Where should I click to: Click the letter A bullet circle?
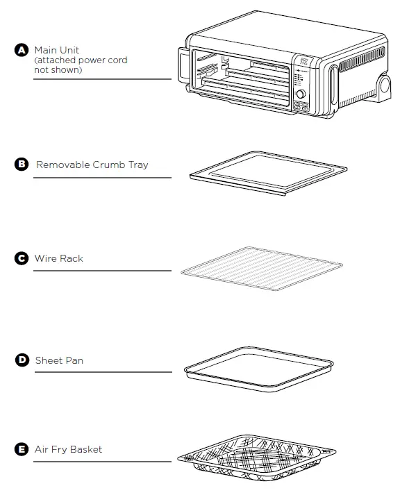click(22, 50)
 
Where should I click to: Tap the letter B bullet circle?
click(22, 165)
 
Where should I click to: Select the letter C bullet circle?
click(22, 258)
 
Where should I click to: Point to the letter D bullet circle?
click(22, 360)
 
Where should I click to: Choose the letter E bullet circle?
click(22, 450)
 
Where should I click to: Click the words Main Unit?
click(57, 50)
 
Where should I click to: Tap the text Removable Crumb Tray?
click(92, 165)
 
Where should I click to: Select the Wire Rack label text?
click(59, 258)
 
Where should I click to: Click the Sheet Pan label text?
click(59, 360)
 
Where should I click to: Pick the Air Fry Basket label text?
click(68, 450)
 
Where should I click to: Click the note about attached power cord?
click(81, 65)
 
